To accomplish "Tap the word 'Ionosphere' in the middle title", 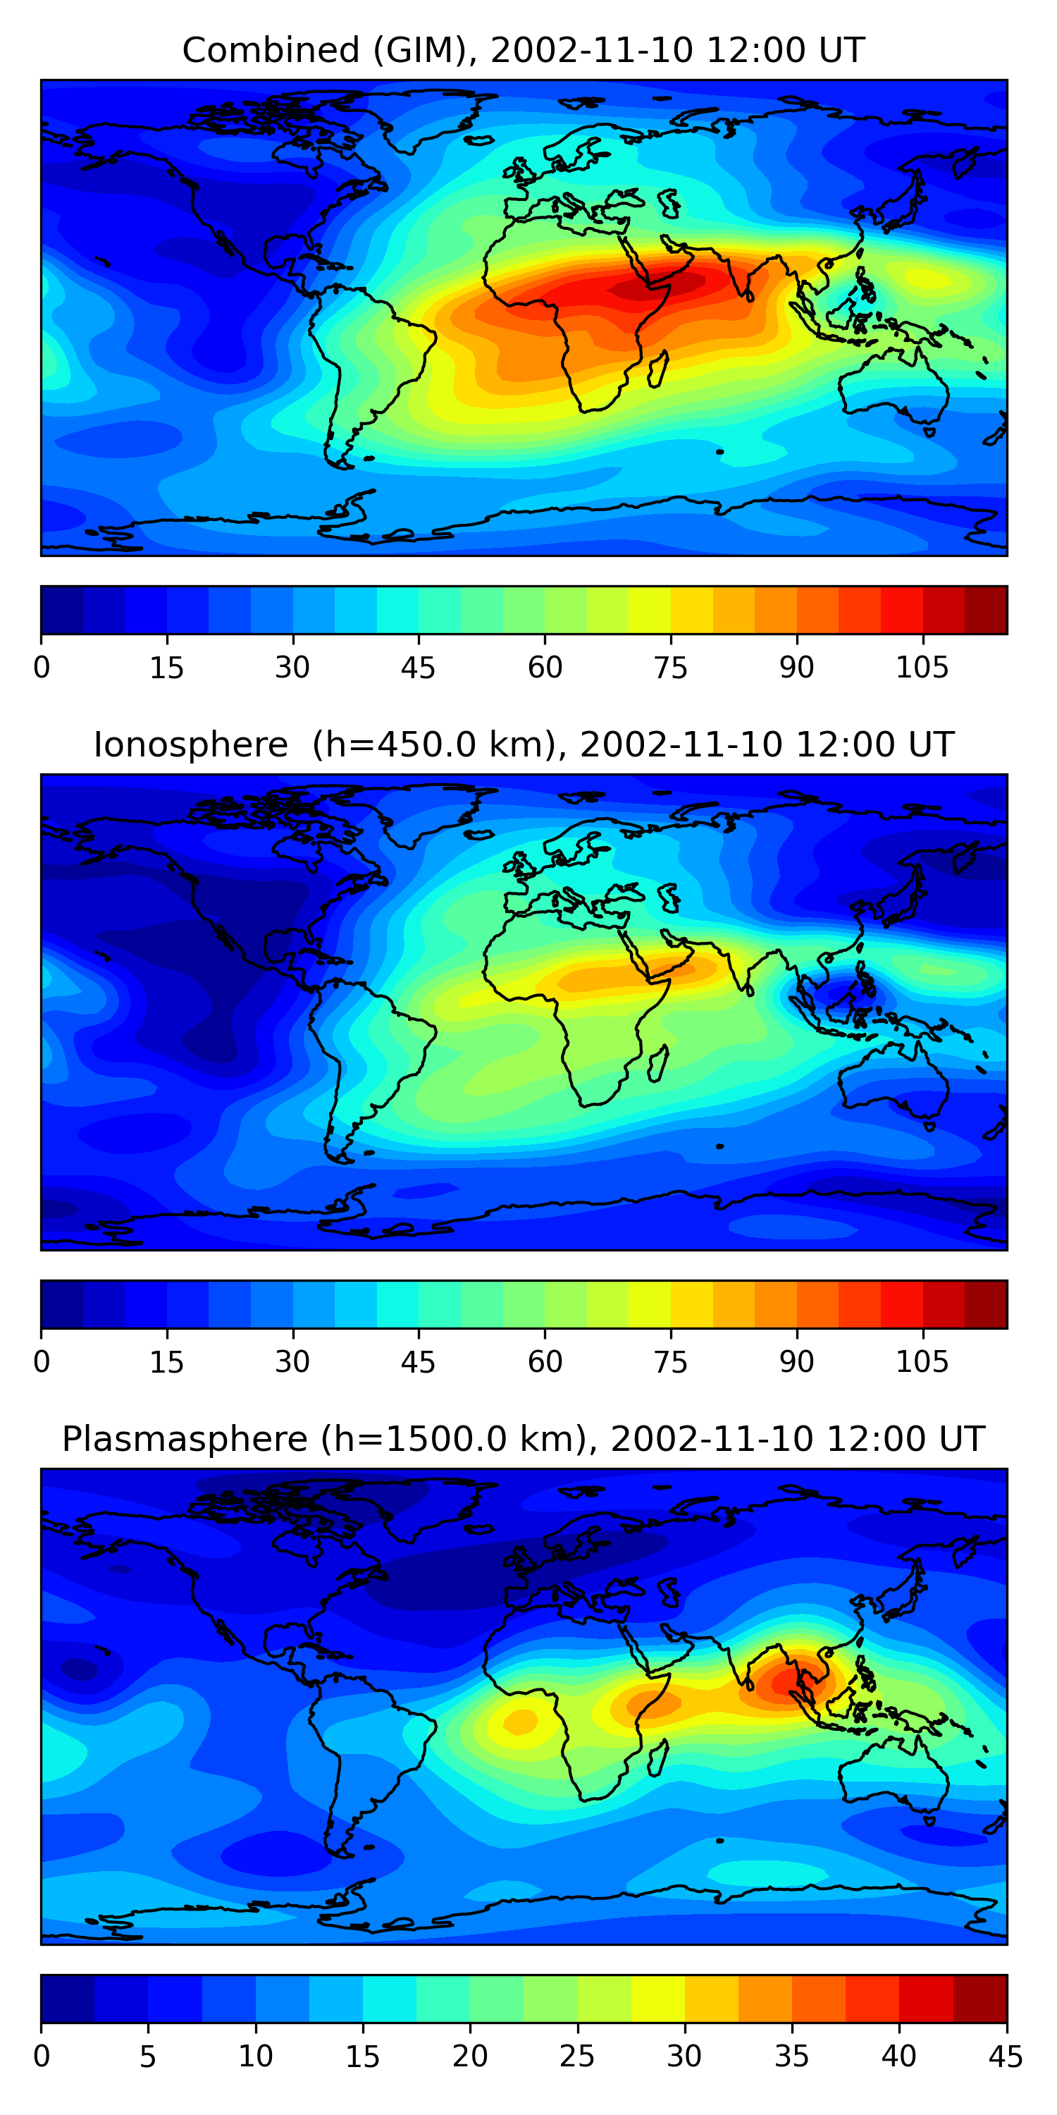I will (x=190, y=744).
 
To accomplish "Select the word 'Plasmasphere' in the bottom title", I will (x=185, y=1440).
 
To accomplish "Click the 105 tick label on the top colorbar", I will (x=922, y=668).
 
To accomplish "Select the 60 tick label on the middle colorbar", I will (x=545, y=1362).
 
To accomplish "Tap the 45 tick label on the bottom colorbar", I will (x=1006, y=2056).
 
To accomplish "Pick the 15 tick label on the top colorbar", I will (x=166, y=668).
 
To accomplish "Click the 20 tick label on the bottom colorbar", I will (x=469, y=2056).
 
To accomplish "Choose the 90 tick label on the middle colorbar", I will (x=796, y=1362).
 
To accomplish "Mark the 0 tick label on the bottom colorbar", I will (x=42, y=2056).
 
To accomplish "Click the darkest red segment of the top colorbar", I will (x=986, y=610).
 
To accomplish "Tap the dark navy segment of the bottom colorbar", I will (x=67, y=1999).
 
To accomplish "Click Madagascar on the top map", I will (x=658, y=369).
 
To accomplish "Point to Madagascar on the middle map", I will (x=658, y=1063).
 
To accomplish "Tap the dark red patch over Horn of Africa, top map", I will (x=648, y=288).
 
